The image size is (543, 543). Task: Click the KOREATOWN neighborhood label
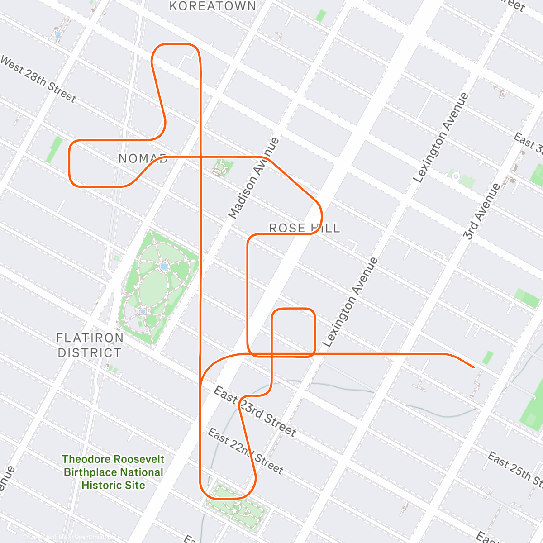(213, 6)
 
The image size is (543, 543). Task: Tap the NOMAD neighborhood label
(143, 159)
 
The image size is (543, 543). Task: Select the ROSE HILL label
(304, 228)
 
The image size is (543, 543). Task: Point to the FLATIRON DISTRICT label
(90, 345)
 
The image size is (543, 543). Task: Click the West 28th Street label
(38, 79)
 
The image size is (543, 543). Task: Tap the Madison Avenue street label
(254, 178)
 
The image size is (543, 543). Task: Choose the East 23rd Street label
(255, 412)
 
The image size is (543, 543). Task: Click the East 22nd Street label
(245, 451)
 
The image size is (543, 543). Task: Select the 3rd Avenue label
(482, 211)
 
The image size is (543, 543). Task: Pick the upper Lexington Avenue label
(441, 138)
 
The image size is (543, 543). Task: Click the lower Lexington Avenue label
(350, 302)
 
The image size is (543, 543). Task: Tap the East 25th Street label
(514, 468)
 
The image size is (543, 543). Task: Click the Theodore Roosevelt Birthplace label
(113, 472)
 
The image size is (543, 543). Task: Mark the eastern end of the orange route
(473, 367)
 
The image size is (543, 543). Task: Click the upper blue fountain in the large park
(164, 267)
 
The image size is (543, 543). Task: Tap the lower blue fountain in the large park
(143, 311)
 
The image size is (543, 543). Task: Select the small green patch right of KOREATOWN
(321, 15)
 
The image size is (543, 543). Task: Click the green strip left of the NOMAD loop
(54, 149)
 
